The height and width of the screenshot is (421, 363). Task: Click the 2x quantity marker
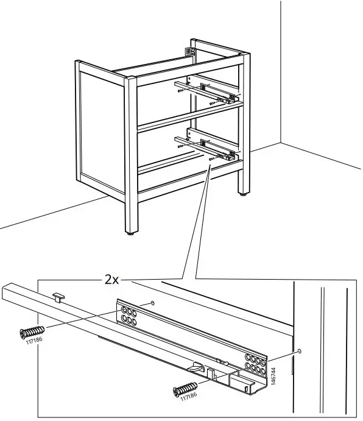click(111, 280)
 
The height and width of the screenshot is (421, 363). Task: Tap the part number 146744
click(273, 376)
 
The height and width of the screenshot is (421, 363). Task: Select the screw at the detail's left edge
click(32, 332)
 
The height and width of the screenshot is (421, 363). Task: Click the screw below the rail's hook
click(185, 389)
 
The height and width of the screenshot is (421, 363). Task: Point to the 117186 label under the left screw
click(34, 341)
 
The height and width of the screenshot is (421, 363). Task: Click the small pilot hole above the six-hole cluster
click(153, 303)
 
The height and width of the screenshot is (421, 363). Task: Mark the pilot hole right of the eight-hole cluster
click(300, 351)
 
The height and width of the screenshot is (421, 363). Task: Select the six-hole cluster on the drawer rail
click(129, 316)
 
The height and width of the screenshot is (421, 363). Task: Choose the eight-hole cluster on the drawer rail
click(255, 364)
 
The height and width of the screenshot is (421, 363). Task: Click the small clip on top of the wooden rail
click(58, 297)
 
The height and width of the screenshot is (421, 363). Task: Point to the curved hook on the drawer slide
click(196, 367)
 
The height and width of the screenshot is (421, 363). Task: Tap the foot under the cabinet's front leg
click(131, 233)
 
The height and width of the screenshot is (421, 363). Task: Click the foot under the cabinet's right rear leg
click(244, 194)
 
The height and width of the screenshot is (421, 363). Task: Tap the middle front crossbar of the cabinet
click(191, 118)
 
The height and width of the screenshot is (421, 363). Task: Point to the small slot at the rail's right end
click(247, 389)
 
